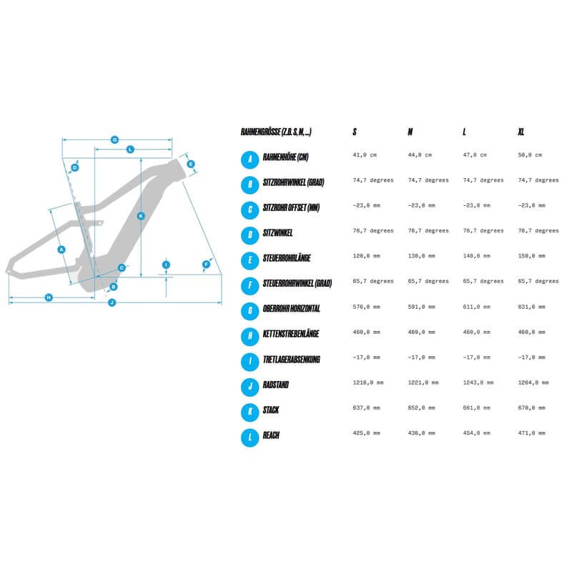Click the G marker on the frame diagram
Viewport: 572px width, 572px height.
[114, 139]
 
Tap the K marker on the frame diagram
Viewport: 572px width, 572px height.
[141, 216]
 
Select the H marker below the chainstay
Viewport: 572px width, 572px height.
[49, 297]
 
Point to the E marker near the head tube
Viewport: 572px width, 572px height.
[190, 164]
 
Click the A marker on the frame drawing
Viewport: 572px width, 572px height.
[61, 250]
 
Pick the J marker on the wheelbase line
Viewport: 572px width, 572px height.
[112, 302]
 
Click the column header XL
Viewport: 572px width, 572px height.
[521, 132]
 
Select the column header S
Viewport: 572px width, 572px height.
[355, 132]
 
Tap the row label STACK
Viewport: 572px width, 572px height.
[271, 410]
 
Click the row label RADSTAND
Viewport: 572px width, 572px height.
[276, 385]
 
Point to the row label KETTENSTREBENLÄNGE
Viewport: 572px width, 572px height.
[291, 334]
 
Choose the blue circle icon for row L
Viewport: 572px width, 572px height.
[250, 438]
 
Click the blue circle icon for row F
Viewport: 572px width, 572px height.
[250, 286]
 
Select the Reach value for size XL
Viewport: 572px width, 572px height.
[531, 433]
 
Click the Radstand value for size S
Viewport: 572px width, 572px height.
[368, 383]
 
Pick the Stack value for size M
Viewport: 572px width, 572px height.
[421, 408]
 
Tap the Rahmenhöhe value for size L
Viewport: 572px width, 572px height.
[475, 155]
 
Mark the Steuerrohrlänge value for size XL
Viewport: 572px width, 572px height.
[531, 256]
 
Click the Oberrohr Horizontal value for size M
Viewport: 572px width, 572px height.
[421, 307]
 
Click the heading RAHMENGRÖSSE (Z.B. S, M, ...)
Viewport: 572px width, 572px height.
[276, 132]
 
